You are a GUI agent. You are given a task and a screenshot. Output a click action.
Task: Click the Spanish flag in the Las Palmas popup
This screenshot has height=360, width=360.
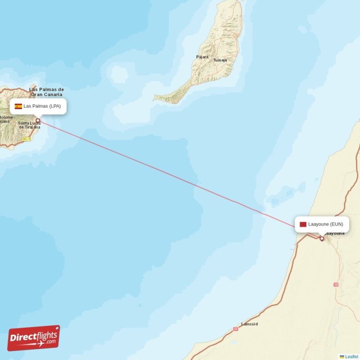click(x=18, y=107)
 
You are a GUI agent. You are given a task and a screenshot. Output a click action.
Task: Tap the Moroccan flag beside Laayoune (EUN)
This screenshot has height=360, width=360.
click(x=303, y=224)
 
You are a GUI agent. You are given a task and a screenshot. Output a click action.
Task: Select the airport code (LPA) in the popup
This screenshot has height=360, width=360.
click(x=55, y=106)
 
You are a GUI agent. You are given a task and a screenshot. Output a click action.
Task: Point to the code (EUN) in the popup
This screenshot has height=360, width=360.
click(x=337, y=224)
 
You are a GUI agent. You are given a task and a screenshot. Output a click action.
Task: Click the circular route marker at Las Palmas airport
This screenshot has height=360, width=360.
click(x=38, y=120)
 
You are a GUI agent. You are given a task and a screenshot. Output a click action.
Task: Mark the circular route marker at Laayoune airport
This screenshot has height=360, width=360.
click(x=322, y=238)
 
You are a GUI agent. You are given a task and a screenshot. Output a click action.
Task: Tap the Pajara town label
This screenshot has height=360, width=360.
click(x=202, y=57)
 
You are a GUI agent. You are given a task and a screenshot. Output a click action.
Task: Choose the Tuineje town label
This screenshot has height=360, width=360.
click(x=220, y=60)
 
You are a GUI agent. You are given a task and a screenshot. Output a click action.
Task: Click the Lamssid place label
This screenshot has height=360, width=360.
click(x=249, y=324)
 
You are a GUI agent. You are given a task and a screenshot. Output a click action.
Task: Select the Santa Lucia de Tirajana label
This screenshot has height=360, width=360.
click(x=29, y=125)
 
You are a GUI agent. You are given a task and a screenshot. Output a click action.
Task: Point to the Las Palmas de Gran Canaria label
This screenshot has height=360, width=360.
click(x=47, y=92)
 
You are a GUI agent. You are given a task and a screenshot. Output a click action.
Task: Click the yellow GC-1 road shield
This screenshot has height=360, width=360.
click(x=26, y=139)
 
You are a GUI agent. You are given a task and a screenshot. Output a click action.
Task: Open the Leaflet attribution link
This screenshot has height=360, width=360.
click(x=352, y=356)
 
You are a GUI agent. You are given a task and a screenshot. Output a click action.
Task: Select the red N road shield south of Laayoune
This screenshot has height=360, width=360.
click(x=336, y=284)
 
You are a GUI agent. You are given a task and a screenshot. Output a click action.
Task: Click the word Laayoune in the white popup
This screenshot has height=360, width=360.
click(x=319, y=224)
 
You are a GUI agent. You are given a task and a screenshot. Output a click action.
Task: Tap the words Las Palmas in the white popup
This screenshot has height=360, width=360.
click(x=36, y=106)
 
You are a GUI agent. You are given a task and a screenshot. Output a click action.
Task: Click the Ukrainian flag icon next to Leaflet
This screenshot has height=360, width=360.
click(x=342, y=356)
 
